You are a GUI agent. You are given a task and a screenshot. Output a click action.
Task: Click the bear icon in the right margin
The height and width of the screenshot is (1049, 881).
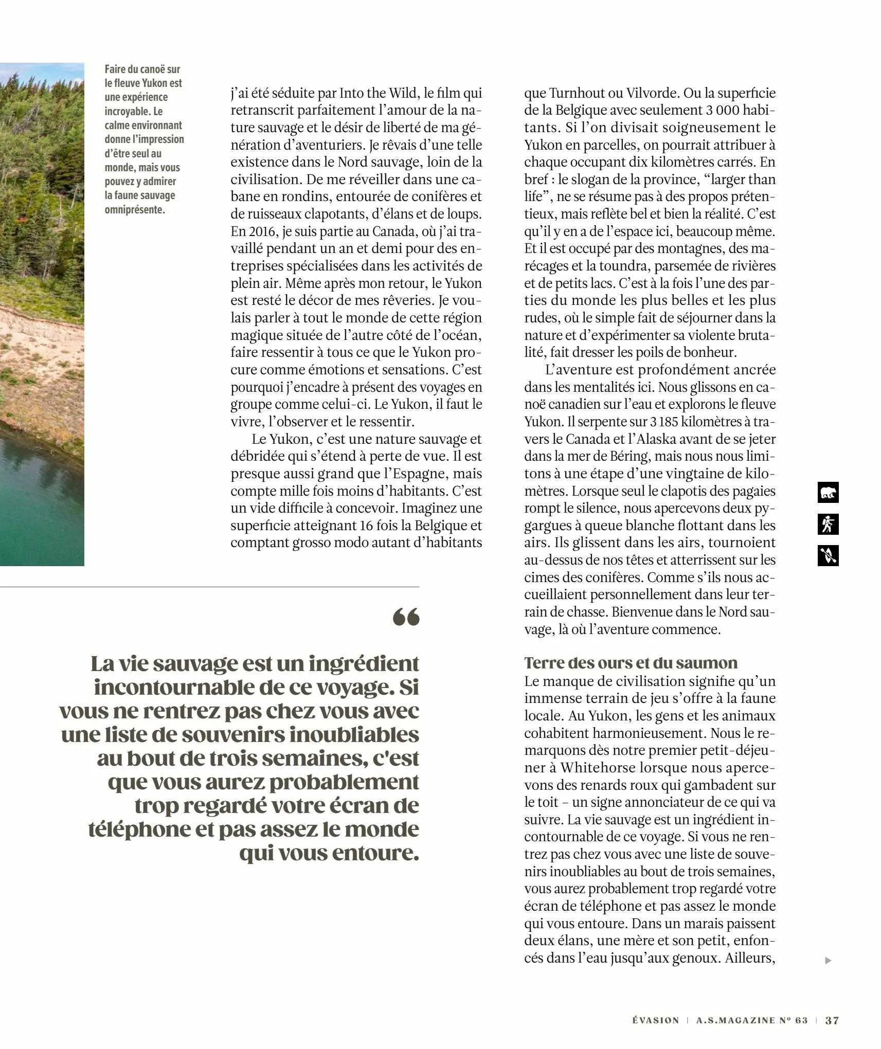[828, 493]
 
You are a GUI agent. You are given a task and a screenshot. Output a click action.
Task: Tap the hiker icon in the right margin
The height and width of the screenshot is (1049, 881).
[828, 524]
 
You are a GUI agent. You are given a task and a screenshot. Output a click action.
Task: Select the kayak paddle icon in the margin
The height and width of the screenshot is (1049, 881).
[828, 556]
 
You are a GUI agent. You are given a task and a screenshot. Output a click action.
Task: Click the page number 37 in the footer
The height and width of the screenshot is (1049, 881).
[832, 1020]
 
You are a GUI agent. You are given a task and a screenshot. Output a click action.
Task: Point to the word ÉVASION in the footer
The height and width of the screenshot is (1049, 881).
[655, 1020]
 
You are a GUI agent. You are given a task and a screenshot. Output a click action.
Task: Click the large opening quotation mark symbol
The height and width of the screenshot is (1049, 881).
[406, 617]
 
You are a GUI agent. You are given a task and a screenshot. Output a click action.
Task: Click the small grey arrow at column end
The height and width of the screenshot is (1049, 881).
[828, 960]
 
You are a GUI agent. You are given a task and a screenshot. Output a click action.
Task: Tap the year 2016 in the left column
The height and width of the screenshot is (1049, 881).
[260, 231]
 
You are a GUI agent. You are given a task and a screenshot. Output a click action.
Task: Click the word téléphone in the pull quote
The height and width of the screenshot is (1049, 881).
[139, 829]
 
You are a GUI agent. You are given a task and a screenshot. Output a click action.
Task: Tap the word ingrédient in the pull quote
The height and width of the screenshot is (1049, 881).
[364, 664]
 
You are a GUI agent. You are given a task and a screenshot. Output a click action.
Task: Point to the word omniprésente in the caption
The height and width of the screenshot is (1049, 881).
[135, 209]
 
